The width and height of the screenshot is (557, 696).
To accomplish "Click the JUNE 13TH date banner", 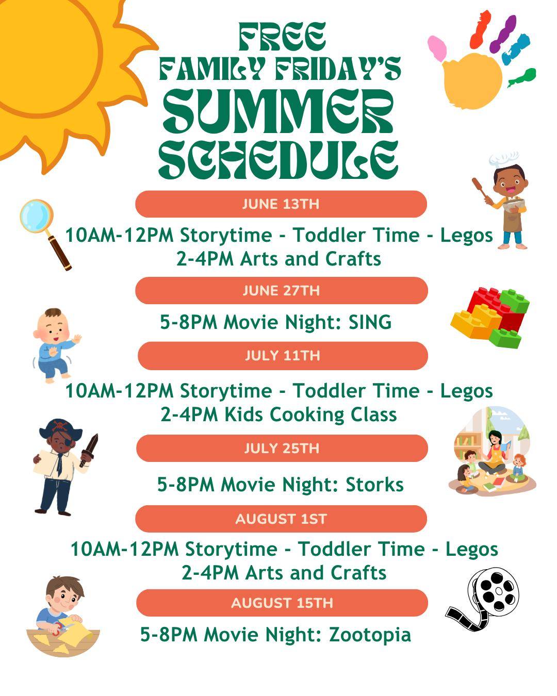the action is (x=281, y=204).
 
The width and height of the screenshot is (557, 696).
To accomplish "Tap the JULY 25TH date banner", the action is (x=282, y=448).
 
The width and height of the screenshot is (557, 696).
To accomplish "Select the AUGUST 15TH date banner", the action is (x=282, y=603).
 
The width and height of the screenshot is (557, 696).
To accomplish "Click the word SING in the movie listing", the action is (x=370, y=322).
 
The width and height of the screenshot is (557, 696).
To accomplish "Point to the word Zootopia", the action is (x=370, y=635).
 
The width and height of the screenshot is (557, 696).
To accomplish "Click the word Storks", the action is (x=375, y=485).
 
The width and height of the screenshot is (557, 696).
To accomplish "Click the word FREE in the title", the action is (x=282, y=37).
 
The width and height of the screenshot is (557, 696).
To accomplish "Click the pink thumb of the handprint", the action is (x=437, y=48).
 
